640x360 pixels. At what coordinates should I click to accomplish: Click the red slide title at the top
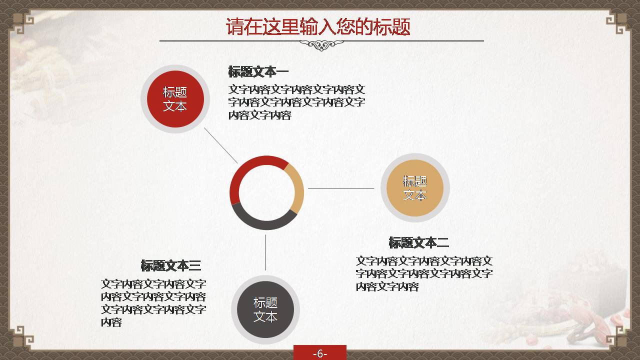click(318, 26)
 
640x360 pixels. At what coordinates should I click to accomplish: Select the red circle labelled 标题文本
click(174, 99)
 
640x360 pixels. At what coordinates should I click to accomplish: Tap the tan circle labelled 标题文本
click(415, 188)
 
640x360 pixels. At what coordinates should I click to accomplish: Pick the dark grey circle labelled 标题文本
click(265, 309)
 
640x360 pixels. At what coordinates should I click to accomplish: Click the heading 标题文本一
click(258, 71)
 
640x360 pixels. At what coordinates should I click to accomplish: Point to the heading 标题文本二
click(418, 243)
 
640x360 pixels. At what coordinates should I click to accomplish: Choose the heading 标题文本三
click(170, 265)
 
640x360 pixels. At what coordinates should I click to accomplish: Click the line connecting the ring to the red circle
click(220, 145)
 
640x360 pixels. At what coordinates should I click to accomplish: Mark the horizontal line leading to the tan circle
click(340, 189)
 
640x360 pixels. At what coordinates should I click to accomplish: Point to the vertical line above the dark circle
click(265, 252)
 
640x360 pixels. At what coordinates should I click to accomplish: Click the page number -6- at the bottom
click(320, 353)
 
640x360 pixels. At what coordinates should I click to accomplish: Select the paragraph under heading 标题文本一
click(296, 102)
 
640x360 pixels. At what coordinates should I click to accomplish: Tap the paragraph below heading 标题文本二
click(424, 273)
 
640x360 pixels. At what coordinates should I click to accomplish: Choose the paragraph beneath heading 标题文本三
click(153, 303)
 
